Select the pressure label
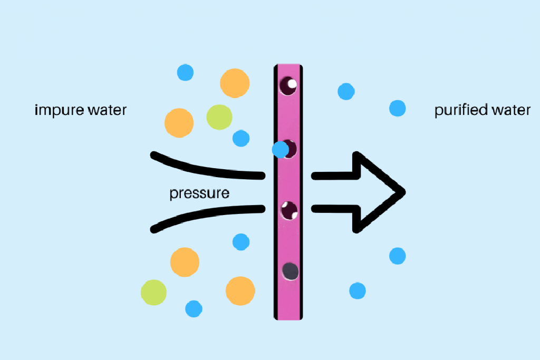[199, 193]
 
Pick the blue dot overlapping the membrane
[280, 150]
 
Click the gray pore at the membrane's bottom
[290, 271]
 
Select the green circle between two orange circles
[219, 117]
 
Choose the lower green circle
[154, 292]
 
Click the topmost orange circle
[235, 83]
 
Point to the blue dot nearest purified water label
[397, 109]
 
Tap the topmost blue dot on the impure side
[185, 72]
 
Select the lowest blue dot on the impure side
[194, 308]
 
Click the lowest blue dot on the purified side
[357, 290]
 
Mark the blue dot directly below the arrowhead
[397, 256]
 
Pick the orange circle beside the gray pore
[240, 291]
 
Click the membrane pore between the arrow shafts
[289, 210]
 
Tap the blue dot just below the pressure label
[241, 242]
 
